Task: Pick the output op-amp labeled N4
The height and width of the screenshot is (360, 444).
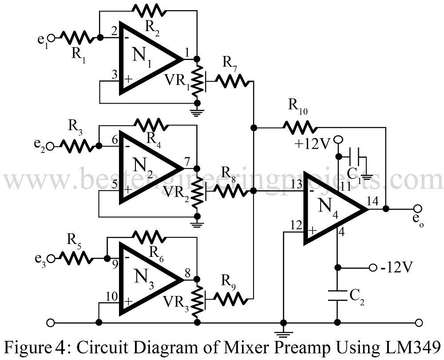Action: [x=333, y=209]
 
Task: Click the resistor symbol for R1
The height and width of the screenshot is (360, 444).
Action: [x=76, y=38]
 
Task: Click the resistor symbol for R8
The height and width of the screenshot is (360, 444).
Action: [x=231, y=191]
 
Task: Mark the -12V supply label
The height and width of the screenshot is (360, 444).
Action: [x=398, y=268]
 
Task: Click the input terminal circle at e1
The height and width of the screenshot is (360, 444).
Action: [x=52, y=38]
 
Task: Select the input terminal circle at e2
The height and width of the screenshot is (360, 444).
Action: [x=51, y=145]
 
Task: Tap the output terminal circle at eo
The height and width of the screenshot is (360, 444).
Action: [x=417, y=208]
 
